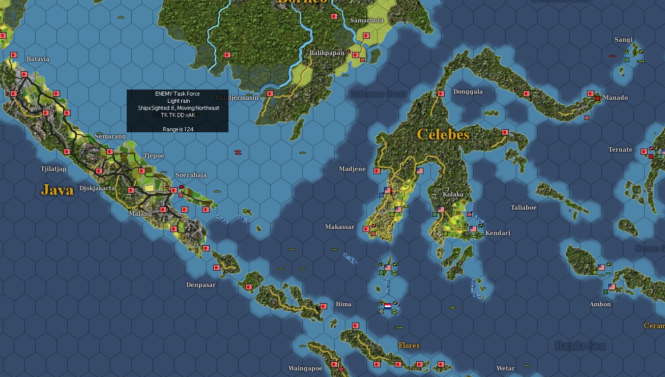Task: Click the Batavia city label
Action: (38, 59)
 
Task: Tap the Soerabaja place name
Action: (191, 175)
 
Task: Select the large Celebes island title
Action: (443, 134)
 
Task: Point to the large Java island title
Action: (57, 190)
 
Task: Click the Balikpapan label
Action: (327, 53)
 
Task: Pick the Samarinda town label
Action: (367, 20)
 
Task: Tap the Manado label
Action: (615, 98)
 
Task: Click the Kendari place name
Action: (498, 233)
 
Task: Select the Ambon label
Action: (600, 304)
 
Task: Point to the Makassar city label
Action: (339, 227)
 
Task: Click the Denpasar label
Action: (200, 285)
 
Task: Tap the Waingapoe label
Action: (305, 368)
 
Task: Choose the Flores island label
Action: (409, 345)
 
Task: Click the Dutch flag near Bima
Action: (387, 306)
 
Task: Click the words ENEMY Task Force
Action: (177, 94)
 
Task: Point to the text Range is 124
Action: (178, 129)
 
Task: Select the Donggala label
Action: (468, 92)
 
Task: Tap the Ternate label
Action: (620, 150)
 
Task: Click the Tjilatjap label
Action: (53, 169)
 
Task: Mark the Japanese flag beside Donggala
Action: (441, 94)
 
